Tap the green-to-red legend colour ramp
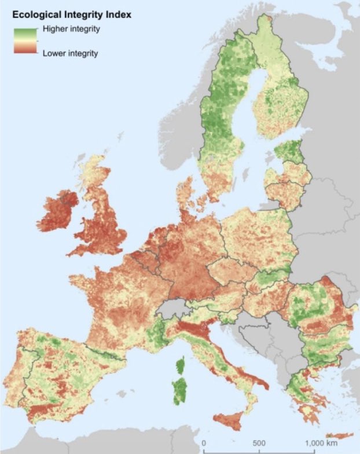point(26,41)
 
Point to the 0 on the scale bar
point(204,443)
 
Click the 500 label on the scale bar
point(258,443)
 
